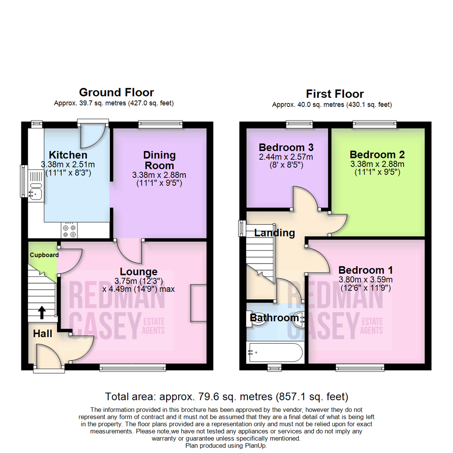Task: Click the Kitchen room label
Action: point(68,155)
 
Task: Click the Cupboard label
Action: point(44,255)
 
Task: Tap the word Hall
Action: point(43,334)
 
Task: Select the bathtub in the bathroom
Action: point(275,353)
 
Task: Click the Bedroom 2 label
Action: point(377,154)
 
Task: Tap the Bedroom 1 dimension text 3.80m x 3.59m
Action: point(365,279)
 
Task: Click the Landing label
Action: point(275,233)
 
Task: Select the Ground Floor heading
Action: point(116,92)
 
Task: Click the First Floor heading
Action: point(335,94)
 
